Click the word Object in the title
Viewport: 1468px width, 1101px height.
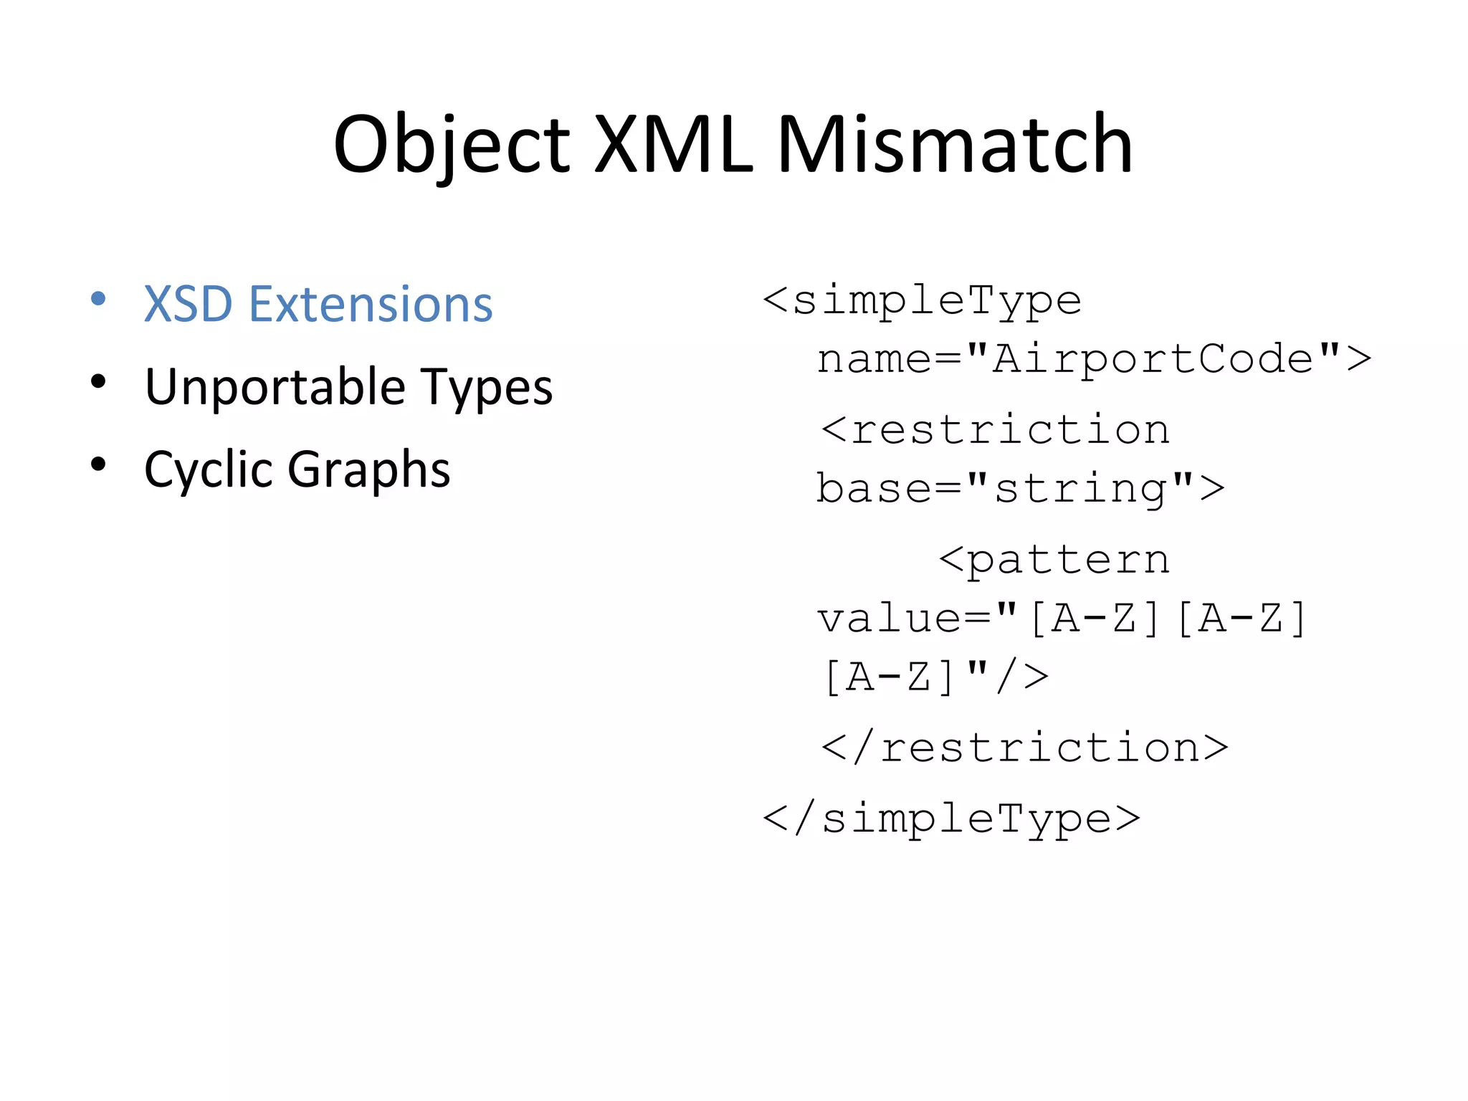point(452,147)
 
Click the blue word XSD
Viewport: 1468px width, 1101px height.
point(188,305)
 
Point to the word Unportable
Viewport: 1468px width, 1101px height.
point(276,388)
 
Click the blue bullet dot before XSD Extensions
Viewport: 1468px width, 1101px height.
point(99,299)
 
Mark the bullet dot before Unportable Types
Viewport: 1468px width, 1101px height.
point(99,381)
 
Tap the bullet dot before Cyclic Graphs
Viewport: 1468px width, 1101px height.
point(99,464)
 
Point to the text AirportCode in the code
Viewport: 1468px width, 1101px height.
point(1153,358)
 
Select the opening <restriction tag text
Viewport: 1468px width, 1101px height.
point(996,430)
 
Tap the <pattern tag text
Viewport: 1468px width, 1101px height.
point(1054,559)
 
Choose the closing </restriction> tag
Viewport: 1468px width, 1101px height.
point(1025,748)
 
